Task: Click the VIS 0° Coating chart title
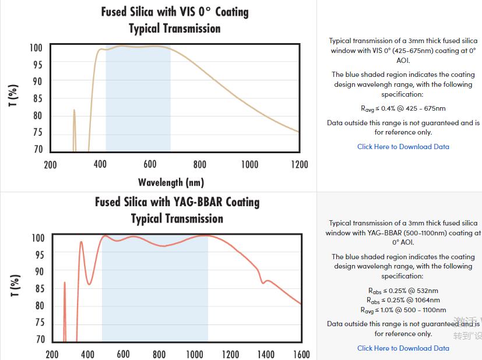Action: pos(175,20)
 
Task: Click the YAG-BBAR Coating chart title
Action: pos(177,210)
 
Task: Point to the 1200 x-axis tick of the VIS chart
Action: pos(299,165)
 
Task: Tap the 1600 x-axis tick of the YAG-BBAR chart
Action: pos(301,354)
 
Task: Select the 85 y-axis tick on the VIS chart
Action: pos(37,98)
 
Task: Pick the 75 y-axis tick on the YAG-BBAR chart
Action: pos(38,323)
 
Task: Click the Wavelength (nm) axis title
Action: pos(171,182)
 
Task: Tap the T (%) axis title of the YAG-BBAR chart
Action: pos(16,285)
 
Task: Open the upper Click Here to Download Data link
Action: pos(403,147)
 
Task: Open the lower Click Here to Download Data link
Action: pos(403,348)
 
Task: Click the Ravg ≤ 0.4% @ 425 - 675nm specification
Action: pos(403,108)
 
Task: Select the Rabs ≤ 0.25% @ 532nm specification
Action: pos(403,291)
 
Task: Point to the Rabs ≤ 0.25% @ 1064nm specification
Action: pos(403,301)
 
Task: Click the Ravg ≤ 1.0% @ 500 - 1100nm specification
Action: pos(403,310)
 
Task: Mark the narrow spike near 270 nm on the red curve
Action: pos(65,284)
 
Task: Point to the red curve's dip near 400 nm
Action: pos(89,284)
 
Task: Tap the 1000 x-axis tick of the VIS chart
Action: pos(249,165)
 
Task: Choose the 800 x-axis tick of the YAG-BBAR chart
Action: pos(159,354)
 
